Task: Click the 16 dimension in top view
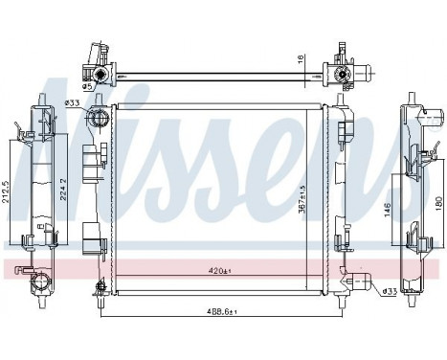(x=302, y=58)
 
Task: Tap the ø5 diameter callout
(x=86, y=86)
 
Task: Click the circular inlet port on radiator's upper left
(x=97, y=119)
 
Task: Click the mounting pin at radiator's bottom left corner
(x=99, y=286)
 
